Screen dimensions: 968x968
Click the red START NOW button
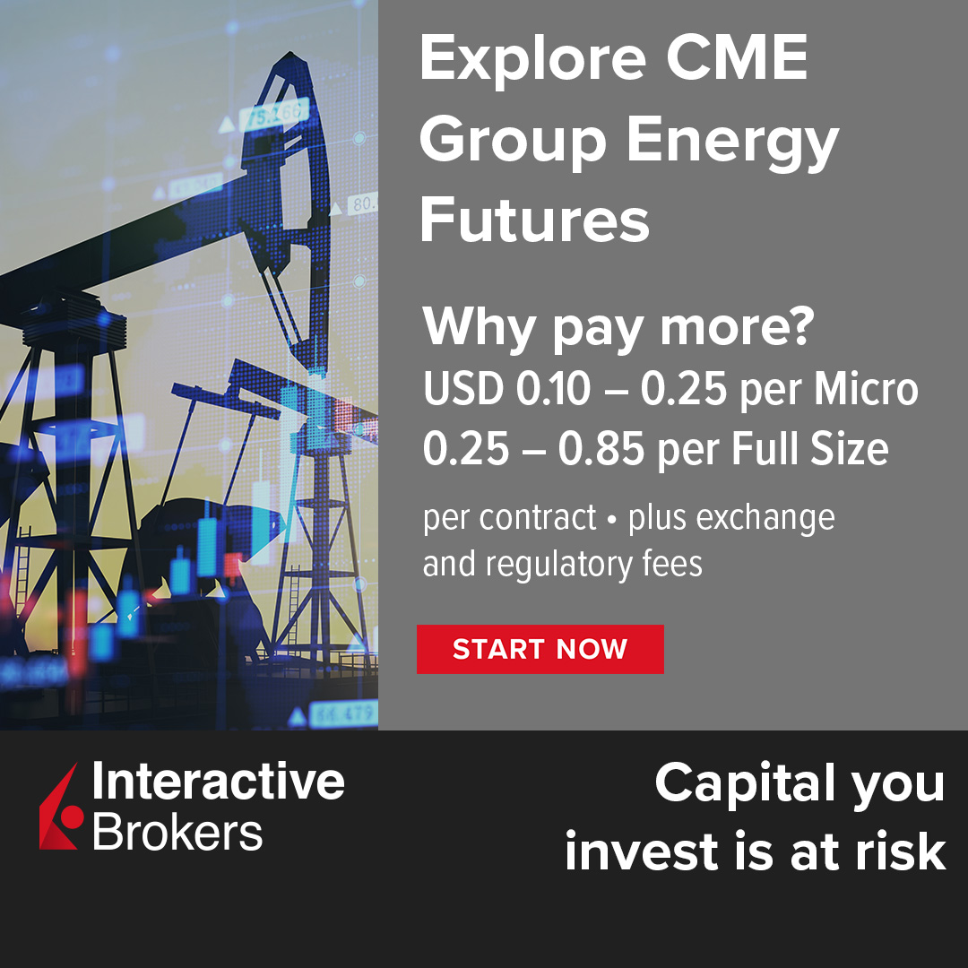540,649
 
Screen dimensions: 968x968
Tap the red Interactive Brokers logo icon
61,807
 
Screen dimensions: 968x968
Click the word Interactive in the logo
218,782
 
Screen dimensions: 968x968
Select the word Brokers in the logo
177,832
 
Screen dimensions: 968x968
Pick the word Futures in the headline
534,220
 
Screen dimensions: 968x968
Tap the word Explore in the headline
532,60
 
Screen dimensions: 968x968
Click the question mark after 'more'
795,328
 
